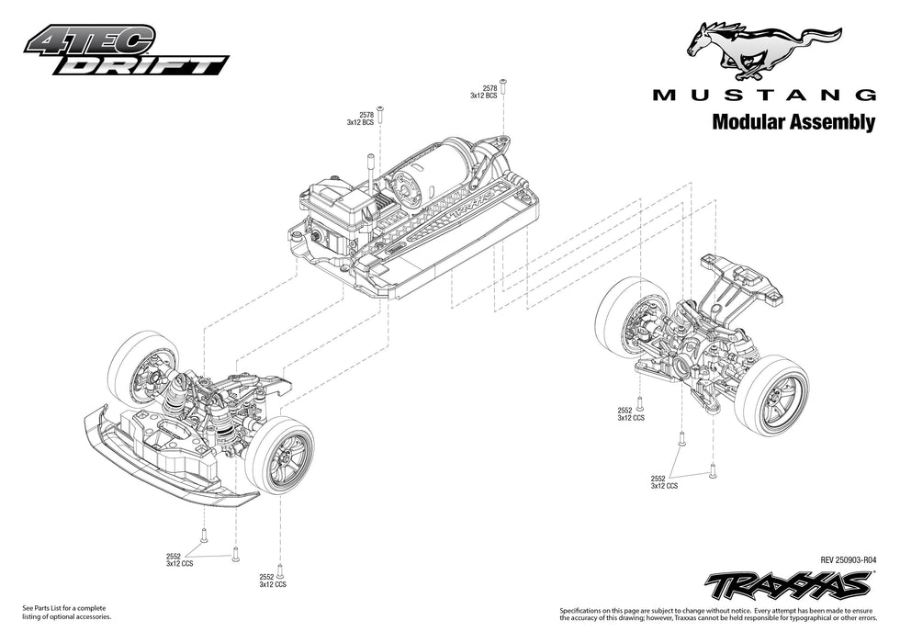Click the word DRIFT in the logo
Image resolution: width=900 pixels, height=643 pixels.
pyautogui.click(x=160, y=65)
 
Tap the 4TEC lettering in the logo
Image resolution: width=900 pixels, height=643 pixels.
pyautogui.click(x=90, y=40)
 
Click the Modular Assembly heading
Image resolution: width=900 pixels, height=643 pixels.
pyautogui.click(x=793, y=123)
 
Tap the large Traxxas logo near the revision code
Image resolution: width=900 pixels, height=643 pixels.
pyautogui.click(x=788, y=583)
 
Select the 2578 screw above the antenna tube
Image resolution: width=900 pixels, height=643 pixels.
pyautogui.click(x=380, y=111)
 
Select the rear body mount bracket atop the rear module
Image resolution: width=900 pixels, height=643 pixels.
pyautogui.click(x=743, y=276)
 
